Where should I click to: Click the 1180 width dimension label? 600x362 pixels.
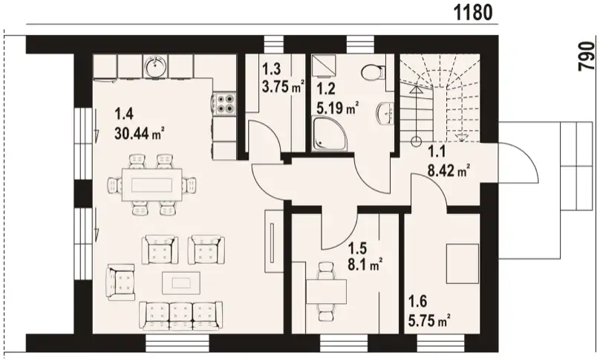pyautogui.click(x=473, y=13)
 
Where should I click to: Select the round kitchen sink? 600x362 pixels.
pyautogui.click(x=155, y=66)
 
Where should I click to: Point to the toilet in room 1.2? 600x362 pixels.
pyautogui.click(x=373, y=72)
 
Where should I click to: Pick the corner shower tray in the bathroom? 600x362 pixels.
pyautogui.click(x=329, y=134)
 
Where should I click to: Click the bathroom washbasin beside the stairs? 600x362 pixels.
pyautogui.click(x=385, y=114)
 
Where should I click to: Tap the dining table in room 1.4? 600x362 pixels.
pyautogui.click(x=152, y=184)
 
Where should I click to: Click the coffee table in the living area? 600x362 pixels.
pyautogui.click(x=181, y=282)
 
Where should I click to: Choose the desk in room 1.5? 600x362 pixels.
pyautogui.click(x=327, y=291)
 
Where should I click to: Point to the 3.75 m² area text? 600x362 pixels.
pyautogui.click(x=283, y=86)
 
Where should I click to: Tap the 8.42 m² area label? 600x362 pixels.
pyautogui.click(x=449, y=170)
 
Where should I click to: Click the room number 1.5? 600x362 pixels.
pyautogui.click(x=357, y=248)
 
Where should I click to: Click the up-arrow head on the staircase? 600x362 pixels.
pyautogui.click(x=416, y=90)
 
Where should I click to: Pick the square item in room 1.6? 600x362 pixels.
pyautogui.click(x=463, y=265)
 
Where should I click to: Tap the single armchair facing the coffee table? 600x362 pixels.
pyautogui.click(x=121, y=282)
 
